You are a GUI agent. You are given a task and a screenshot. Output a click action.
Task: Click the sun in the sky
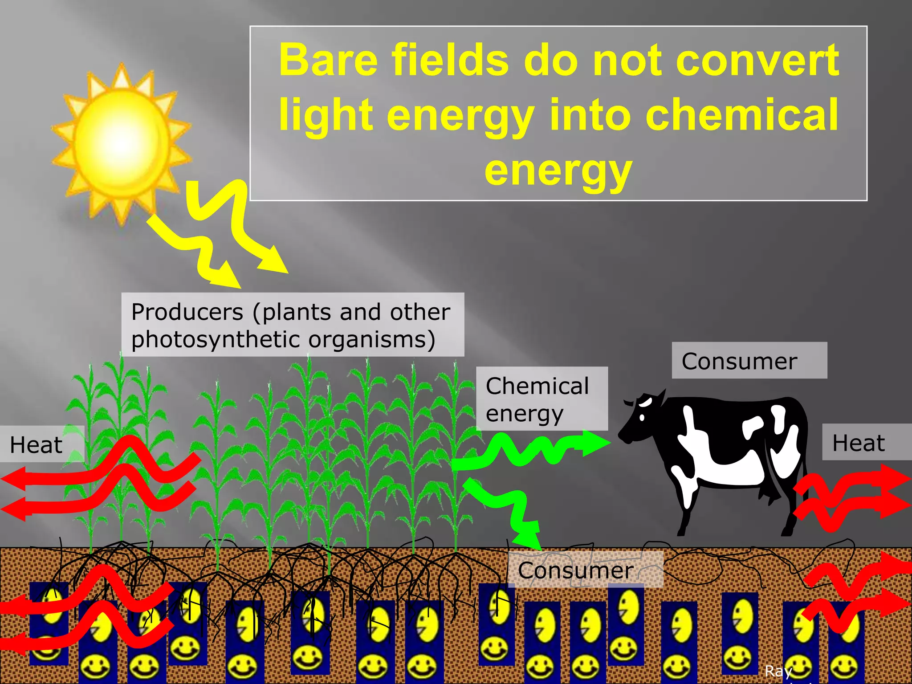[x=121, y=142]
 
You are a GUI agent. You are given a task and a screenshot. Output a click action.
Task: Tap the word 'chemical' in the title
[x=742, y=115]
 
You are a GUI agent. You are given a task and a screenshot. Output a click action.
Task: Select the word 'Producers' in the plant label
[x=187, y=312]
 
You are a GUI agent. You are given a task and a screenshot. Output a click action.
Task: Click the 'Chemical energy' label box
[x=541, y=399]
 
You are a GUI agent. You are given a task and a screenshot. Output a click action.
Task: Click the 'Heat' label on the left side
[x=37, y=444]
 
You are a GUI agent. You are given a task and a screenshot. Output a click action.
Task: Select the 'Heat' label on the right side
[x=859, y=443]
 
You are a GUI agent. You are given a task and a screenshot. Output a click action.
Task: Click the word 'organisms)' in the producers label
[x=372, y=339]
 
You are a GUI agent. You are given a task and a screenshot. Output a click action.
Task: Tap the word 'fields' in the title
[x=450, y=60]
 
